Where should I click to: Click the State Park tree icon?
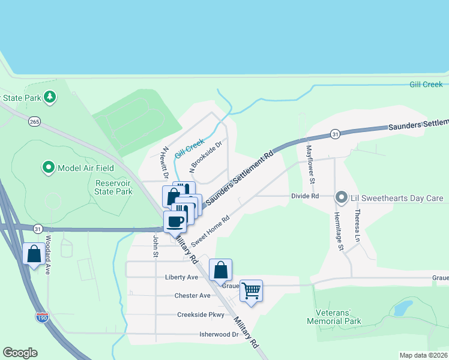click(x=50, y=97)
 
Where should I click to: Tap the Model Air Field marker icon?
click(x=48, y=168)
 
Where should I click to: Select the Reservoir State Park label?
click(x=113, y=187)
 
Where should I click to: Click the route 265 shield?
click(x=34, y=122)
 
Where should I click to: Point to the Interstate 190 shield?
click(x=41, y=316)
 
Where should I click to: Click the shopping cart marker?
click(x=252, y=291)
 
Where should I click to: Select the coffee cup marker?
click(x=175, y=221)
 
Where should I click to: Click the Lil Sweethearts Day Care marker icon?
click(x=342, y=197)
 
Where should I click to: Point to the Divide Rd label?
click(x=304, y=196)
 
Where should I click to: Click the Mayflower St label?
click(x=310, y=164)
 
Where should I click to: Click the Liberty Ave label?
click(x=181, y=278)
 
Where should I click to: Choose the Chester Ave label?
click(x=192, y=296)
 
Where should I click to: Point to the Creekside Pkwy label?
click(x=200, y=315)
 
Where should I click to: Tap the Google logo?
click(x=20, y=353)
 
